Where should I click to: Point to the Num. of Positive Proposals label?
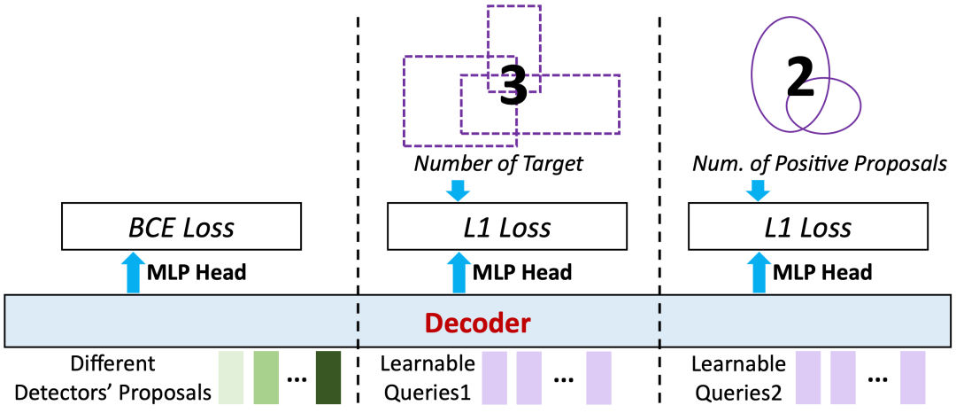click(819, 164)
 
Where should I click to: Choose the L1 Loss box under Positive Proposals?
click(808, 228)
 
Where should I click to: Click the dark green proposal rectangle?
click(328, 377)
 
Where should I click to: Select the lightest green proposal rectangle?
click(231, 377)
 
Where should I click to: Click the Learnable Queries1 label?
click(428, 377)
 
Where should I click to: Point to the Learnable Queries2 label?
click(738, 377)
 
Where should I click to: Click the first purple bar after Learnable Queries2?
click(807, 377)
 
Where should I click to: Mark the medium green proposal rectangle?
click(266, 377)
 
